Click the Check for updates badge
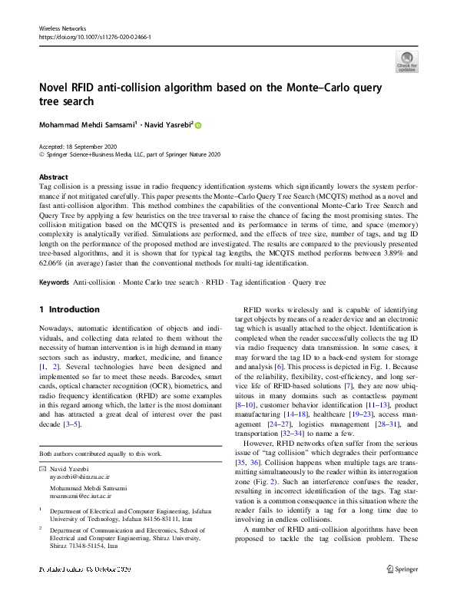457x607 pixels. click(x=406, y=61)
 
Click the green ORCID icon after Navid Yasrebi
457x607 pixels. click(x=198, y=124)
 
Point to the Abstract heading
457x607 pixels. click(x=53, y=176)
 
